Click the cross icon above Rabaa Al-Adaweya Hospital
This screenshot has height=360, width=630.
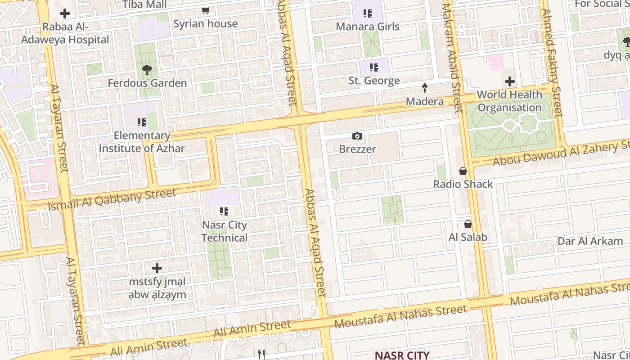65,13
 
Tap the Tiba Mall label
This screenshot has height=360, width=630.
144,5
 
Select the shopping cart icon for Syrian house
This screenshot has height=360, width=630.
206,11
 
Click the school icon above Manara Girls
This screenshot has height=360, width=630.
368,13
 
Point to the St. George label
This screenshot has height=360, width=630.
374,81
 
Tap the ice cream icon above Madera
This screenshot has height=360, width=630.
424,88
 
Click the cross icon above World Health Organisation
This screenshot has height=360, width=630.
509,81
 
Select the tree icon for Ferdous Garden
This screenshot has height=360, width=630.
147,70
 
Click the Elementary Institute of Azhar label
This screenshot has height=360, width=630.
142,142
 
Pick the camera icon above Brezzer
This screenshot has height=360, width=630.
357,136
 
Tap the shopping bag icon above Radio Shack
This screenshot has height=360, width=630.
463,171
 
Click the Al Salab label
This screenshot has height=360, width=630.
468,237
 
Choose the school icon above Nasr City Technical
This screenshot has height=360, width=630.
224,211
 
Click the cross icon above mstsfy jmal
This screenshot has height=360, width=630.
157,269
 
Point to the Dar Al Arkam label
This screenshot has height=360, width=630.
590,241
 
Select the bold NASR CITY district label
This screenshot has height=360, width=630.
402,355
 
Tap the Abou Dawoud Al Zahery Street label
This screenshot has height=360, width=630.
561,153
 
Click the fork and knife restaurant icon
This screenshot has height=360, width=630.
261,354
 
